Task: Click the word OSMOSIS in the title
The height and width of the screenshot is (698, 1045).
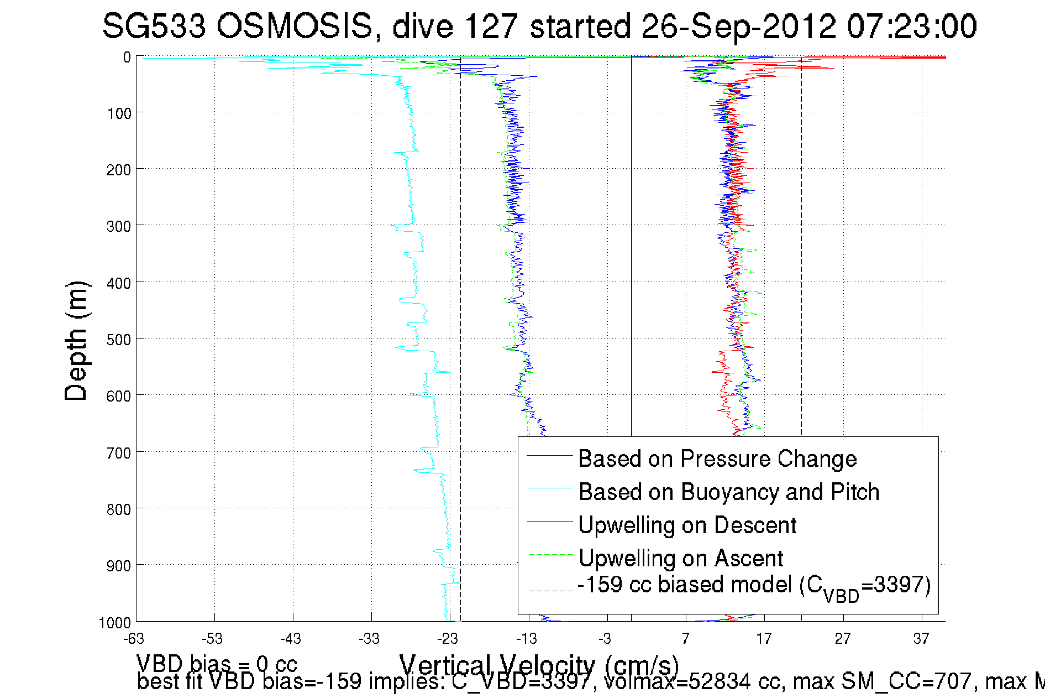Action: pyautogui.click(x=294, y=26)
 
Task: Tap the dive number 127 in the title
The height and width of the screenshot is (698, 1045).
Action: pyautogui.click(x=491, y=26)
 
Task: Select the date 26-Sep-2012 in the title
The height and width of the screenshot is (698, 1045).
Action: pyautogui.click(x=738, y=26)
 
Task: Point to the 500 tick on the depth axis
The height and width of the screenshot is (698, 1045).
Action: pyautogui.click(x=119, y=339)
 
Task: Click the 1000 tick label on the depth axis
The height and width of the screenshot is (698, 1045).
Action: pyautogui.click(x=115, y=623)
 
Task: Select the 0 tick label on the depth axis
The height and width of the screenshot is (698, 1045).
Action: pyautogui.click(x=127, y=57)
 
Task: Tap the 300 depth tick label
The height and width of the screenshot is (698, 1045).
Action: pyautogui.click(x=119, y=226)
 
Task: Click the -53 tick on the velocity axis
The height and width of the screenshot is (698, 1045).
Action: pyautogui.click(x=212, y=639)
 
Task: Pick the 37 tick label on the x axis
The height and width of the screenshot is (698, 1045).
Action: pyautogui.click(x=921, y=639)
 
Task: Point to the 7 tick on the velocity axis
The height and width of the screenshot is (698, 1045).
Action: pyautogui.click(x=685, y=639)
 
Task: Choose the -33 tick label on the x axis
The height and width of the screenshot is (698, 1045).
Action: pyautogui.click(x=369, y=639)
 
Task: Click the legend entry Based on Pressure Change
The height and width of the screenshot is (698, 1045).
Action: pyautogui.click(x=717, y=459)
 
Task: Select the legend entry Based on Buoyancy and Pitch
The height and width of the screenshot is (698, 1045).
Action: pyautogui.click(x=728, y=492)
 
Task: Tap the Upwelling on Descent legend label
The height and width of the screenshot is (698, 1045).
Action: pyautogui.click(x=687, y=525)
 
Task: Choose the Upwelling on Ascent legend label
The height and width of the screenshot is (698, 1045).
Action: pyautogui.click(x=680, y=558)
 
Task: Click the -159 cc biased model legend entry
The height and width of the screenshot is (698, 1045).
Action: pyautogui.click(x=754, y=586)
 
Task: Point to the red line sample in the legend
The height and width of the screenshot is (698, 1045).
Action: pyautogui.click(x=549, y=521)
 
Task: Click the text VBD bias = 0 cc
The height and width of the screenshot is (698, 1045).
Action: pyautogui.click(x=217, y=663)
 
